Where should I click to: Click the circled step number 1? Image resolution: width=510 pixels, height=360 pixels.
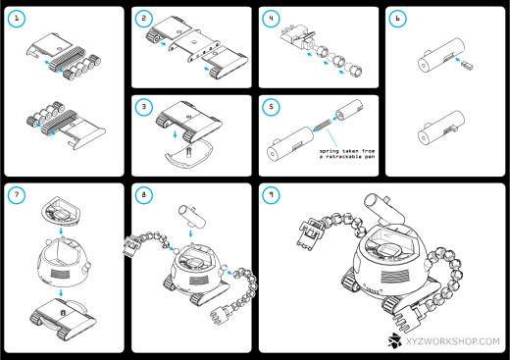point(17,19)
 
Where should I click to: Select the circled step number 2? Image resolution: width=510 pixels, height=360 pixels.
point(143,19)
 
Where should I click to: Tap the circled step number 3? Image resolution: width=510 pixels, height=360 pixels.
point(143,107)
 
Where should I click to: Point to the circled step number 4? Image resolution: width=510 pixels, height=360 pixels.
point(271,19)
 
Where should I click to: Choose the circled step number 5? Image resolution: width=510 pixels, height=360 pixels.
point(271,107)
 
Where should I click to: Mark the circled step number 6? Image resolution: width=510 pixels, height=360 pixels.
point(397,19)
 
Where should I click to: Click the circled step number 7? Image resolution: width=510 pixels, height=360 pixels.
point(17,195)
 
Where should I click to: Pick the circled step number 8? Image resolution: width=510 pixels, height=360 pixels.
point(143,195)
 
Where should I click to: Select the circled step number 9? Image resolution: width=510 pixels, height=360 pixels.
point(271,195)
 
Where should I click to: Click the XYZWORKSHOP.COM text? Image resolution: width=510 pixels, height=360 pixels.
point(453,341)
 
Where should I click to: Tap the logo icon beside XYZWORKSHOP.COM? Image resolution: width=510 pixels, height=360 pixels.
point(394,340)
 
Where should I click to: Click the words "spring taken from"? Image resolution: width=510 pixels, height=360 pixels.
point(347,151)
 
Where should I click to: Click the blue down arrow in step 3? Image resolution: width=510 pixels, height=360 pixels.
point(175,134)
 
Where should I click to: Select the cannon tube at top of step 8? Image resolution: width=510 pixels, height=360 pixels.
point(192,216)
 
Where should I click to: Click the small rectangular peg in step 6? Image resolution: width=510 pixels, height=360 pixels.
point(467,66)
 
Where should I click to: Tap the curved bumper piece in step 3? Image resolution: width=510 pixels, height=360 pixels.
point(189,154)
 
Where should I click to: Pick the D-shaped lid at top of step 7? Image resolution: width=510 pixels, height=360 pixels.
point(62,211)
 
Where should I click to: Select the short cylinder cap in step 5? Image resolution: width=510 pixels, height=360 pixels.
point(349,111)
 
